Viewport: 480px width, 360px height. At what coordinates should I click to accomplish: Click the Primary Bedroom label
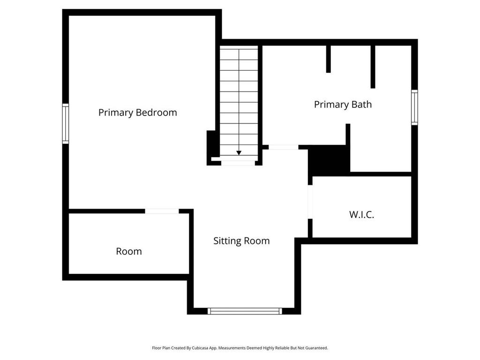[137, 112]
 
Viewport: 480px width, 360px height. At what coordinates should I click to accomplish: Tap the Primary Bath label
[343, 104]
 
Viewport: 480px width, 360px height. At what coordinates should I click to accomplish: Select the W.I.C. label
[361, 215]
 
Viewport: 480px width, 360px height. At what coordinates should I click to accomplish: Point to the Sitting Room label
[241, 241]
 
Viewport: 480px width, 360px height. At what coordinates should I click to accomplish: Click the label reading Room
[129, 251]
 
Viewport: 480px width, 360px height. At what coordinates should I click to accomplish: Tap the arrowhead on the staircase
[239, 153]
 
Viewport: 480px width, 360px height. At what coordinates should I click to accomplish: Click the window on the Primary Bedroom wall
[66, 124]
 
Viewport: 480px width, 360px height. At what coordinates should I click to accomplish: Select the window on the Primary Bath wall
[414, 107]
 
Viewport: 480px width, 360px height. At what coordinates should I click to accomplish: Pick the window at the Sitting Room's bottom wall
[245, 311]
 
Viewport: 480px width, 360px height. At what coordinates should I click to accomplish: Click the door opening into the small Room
[162, 211]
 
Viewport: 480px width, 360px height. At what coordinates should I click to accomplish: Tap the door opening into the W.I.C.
[310, 202]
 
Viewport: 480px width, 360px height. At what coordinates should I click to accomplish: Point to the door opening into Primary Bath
[283, 147]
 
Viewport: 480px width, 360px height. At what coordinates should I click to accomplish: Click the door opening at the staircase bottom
[238, 163]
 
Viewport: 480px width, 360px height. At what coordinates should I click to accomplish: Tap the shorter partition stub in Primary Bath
[328, 59]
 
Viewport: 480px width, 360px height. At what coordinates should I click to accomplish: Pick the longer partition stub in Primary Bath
[373, 67]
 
